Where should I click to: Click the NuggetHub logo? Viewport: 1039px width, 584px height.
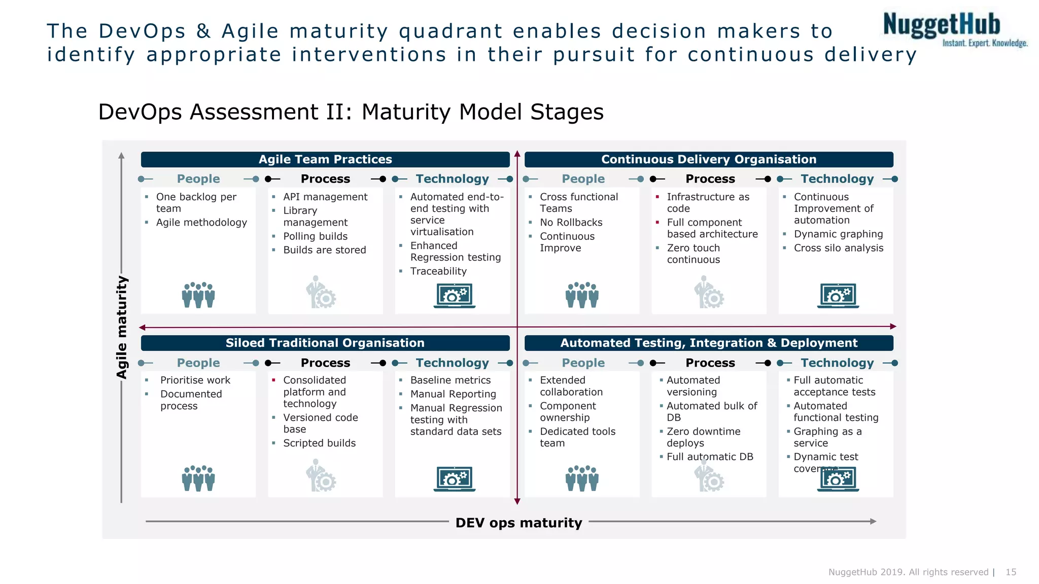point(954,29)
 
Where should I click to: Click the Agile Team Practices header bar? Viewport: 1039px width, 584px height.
point(325,159)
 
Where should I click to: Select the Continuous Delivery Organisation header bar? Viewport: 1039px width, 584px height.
point(708,159)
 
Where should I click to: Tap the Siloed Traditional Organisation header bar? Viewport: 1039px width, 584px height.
point(325,343)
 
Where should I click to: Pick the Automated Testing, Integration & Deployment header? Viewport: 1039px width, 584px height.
point(708,343)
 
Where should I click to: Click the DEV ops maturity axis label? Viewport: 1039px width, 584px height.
point(518,523)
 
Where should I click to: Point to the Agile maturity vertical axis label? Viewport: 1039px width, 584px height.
point(122,327)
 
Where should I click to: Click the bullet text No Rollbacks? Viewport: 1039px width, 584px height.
point(571,223)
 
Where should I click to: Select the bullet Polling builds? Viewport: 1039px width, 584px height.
point(315,236)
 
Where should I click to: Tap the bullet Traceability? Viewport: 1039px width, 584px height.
point(438,271)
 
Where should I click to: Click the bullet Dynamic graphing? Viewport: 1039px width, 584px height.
point(838,234)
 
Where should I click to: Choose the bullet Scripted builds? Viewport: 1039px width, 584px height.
point(319,443)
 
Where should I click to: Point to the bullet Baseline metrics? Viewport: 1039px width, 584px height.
point(450,380)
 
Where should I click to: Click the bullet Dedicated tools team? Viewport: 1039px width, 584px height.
point(577,437)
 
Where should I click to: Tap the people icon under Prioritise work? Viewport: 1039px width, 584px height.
point(198,478)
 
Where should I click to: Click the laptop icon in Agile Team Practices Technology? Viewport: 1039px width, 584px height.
point(455,296)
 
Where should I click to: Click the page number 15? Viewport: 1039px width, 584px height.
point(1011,572)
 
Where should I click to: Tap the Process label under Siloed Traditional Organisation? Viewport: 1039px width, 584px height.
point(325,363)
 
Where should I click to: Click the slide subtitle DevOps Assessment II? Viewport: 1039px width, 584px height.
point(351,112)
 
